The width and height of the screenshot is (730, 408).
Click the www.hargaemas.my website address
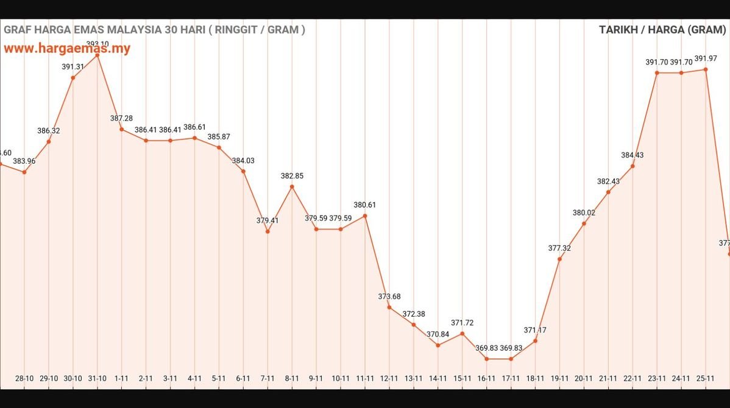coord(67,49)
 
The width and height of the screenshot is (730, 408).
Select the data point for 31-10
coord(97,55)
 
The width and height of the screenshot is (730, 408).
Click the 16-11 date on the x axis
coord(486,379)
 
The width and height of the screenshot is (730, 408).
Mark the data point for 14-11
coord(438,345)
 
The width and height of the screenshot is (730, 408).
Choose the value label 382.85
coord(292,175)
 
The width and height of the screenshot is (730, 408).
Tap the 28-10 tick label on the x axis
coord(24,379)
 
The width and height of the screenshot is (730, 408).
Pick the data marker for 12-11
coord(389,307)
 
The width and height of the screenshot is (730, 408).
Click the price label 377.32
coord(559,248)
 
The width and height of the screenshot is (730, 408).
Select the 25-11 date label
coord(705,379)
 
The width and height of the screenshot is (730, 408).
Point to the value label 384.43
coord(633,155)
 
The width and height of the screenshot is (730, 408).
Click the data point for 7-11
coord(268,231)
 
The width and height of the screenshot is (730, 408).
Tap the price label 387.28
coord(121,118)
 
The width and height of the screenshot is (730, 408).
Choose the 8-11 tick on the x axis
coord(292,379)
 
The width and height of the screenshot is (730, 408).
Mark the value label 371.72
coord(462,322)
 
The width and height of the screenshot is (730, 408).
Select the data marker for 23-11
coord(657,72)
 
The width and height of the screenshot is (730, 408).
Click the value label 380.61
coord(365,205)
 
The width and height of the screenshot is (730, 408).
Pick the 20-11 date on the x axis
coord(584,379)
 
